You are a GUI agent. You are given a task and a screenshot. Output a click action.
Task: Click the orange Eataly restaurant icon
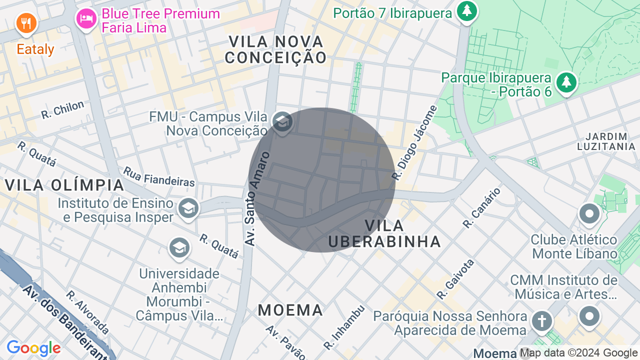[25, 23]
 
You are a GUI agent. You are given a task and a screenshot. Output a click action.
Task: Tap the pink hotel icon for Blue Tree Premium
[86, 19]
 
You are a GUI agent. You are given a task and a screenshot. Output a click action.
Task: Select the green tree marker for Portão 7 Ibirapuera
[467, 10]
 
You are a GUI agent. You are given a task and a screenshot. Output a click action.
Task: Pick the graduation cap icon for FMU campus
[282, 121]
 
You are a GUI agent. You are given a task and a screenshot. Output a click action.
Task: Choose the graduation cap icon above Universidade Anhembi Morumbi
[179, 247]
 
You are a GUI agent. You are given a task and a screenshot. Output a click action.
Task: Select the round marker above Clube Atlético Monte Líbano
[589, 214]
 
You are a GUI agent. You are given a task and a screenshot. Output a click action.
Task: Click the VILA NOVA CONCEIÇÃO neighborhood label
[275, 49]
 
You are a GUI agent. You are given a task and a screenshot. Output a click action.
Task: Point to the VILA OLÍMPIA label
[64, 185]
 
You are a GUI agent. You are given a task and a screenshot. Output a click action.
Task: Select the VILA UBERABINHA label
[384, 233]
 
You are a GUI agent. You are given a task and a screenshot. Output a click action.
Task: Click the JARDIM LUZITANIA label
[606, 141]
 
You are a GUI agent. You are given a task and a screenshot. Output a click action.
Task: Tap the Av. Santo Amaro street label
[257, 198]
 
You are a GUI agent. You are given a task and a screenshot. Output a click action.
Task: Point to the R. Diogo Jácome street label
[414, 142]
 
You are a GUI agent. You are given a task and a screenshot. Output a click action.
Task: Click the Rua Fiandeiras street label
[158, 177]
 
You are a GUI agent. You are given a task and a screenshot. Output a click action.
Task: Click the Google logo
[33, 348]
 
